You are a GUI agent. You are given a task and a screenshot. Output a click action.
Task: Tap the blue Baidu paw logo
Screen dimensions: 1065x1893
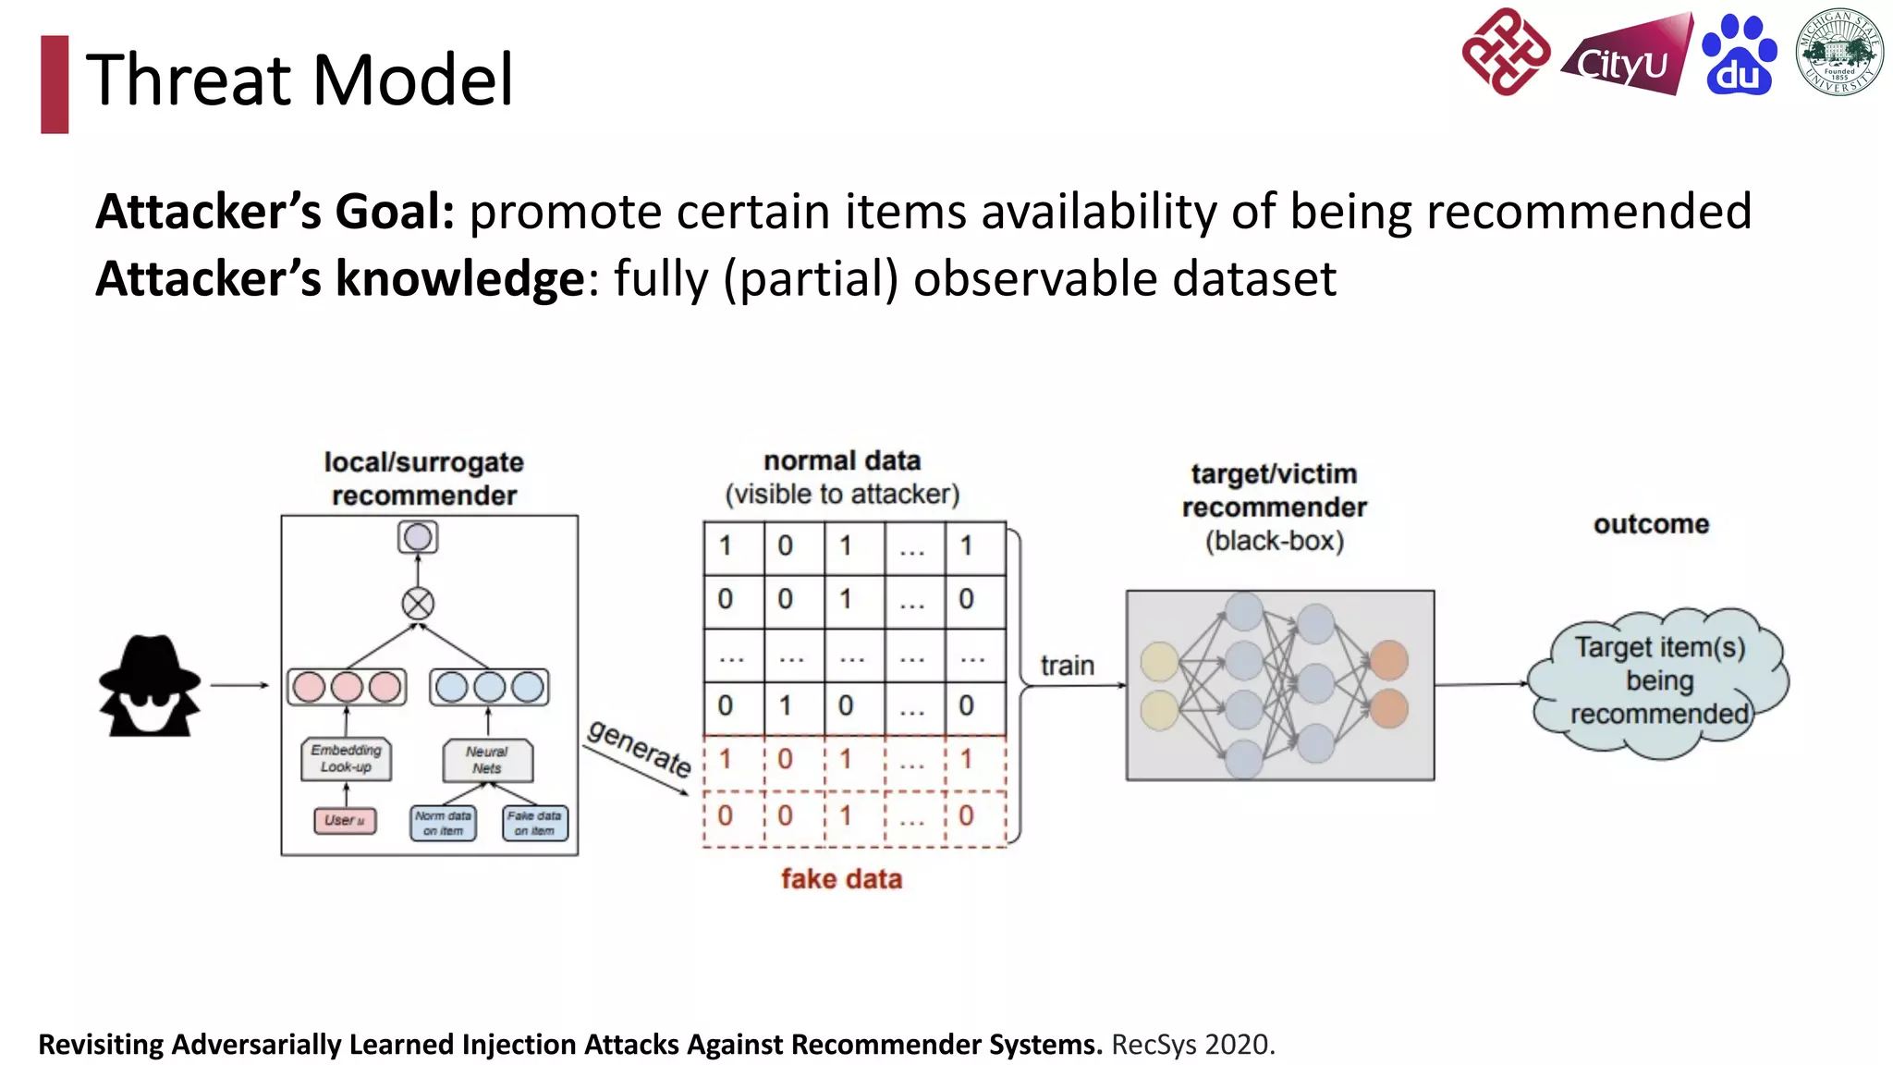coord(1739,55)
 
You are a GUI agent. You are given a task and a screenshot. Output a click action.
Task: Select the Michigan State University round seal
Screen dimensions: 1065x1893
coord(1838,52)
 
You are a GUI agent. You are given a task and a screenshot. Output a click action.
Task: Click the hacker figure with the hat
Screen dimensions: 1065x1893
coord(150,685)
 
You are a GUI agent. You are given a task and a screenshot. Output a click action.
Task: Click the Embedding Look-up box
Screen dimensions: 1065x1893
coord(346,758)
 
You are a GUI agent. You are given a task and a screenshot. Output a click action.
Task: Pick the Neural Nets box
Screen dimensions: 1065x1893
coord(487,760)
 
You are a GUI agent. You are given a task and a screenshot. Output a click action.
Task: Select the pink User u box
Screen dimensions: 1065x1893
coord(345,820)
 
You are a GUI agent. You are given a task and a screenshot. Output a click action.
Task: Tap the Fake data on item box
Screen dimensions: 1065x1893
coord(534,823)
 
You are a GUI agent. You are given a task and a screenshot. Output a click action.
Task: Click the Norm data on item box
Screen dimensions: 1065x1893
coord(443,823)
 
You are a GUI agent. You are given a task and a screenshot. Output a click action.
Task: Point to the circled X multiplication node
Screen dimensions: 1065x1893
coord(418,604)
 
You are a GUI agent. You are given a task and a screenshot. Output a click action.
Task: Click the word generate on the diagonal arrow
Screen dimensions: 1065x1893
coord(640,748)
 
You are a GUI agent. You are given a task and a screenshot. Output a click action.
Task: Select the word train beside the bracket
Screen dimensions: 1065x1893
coord(1067,666)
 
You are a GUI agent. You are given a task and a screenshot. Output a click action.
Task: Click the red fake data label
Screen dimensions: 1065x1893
coord(841,878)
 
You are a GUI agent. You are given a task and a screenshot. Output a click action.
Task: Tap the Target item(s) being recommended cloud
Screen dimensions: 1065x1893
coord(1659,682)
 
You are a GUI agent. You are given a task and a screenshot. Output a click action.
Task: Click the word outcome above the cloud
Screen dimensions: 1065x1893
coord(1651,524)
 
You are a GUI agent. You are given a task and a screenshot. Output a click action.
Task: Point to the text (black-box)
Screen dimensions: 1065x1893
coord(1274,541)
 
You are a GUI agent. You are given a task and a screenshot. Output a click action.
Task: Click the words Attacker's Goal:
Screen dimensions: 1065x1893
coord(275,212)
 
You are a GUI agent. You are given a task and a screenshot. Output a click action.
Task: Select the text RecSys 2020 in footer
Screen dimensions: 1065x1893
coord(1192,1044)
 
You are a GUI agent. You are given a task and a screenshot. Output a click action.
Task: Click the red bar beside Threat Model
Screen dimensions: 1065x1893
coord(55,84)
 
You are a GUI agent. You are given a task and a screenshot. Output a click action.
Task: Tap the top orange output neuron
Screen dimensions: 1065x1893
coord(1388,660)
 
